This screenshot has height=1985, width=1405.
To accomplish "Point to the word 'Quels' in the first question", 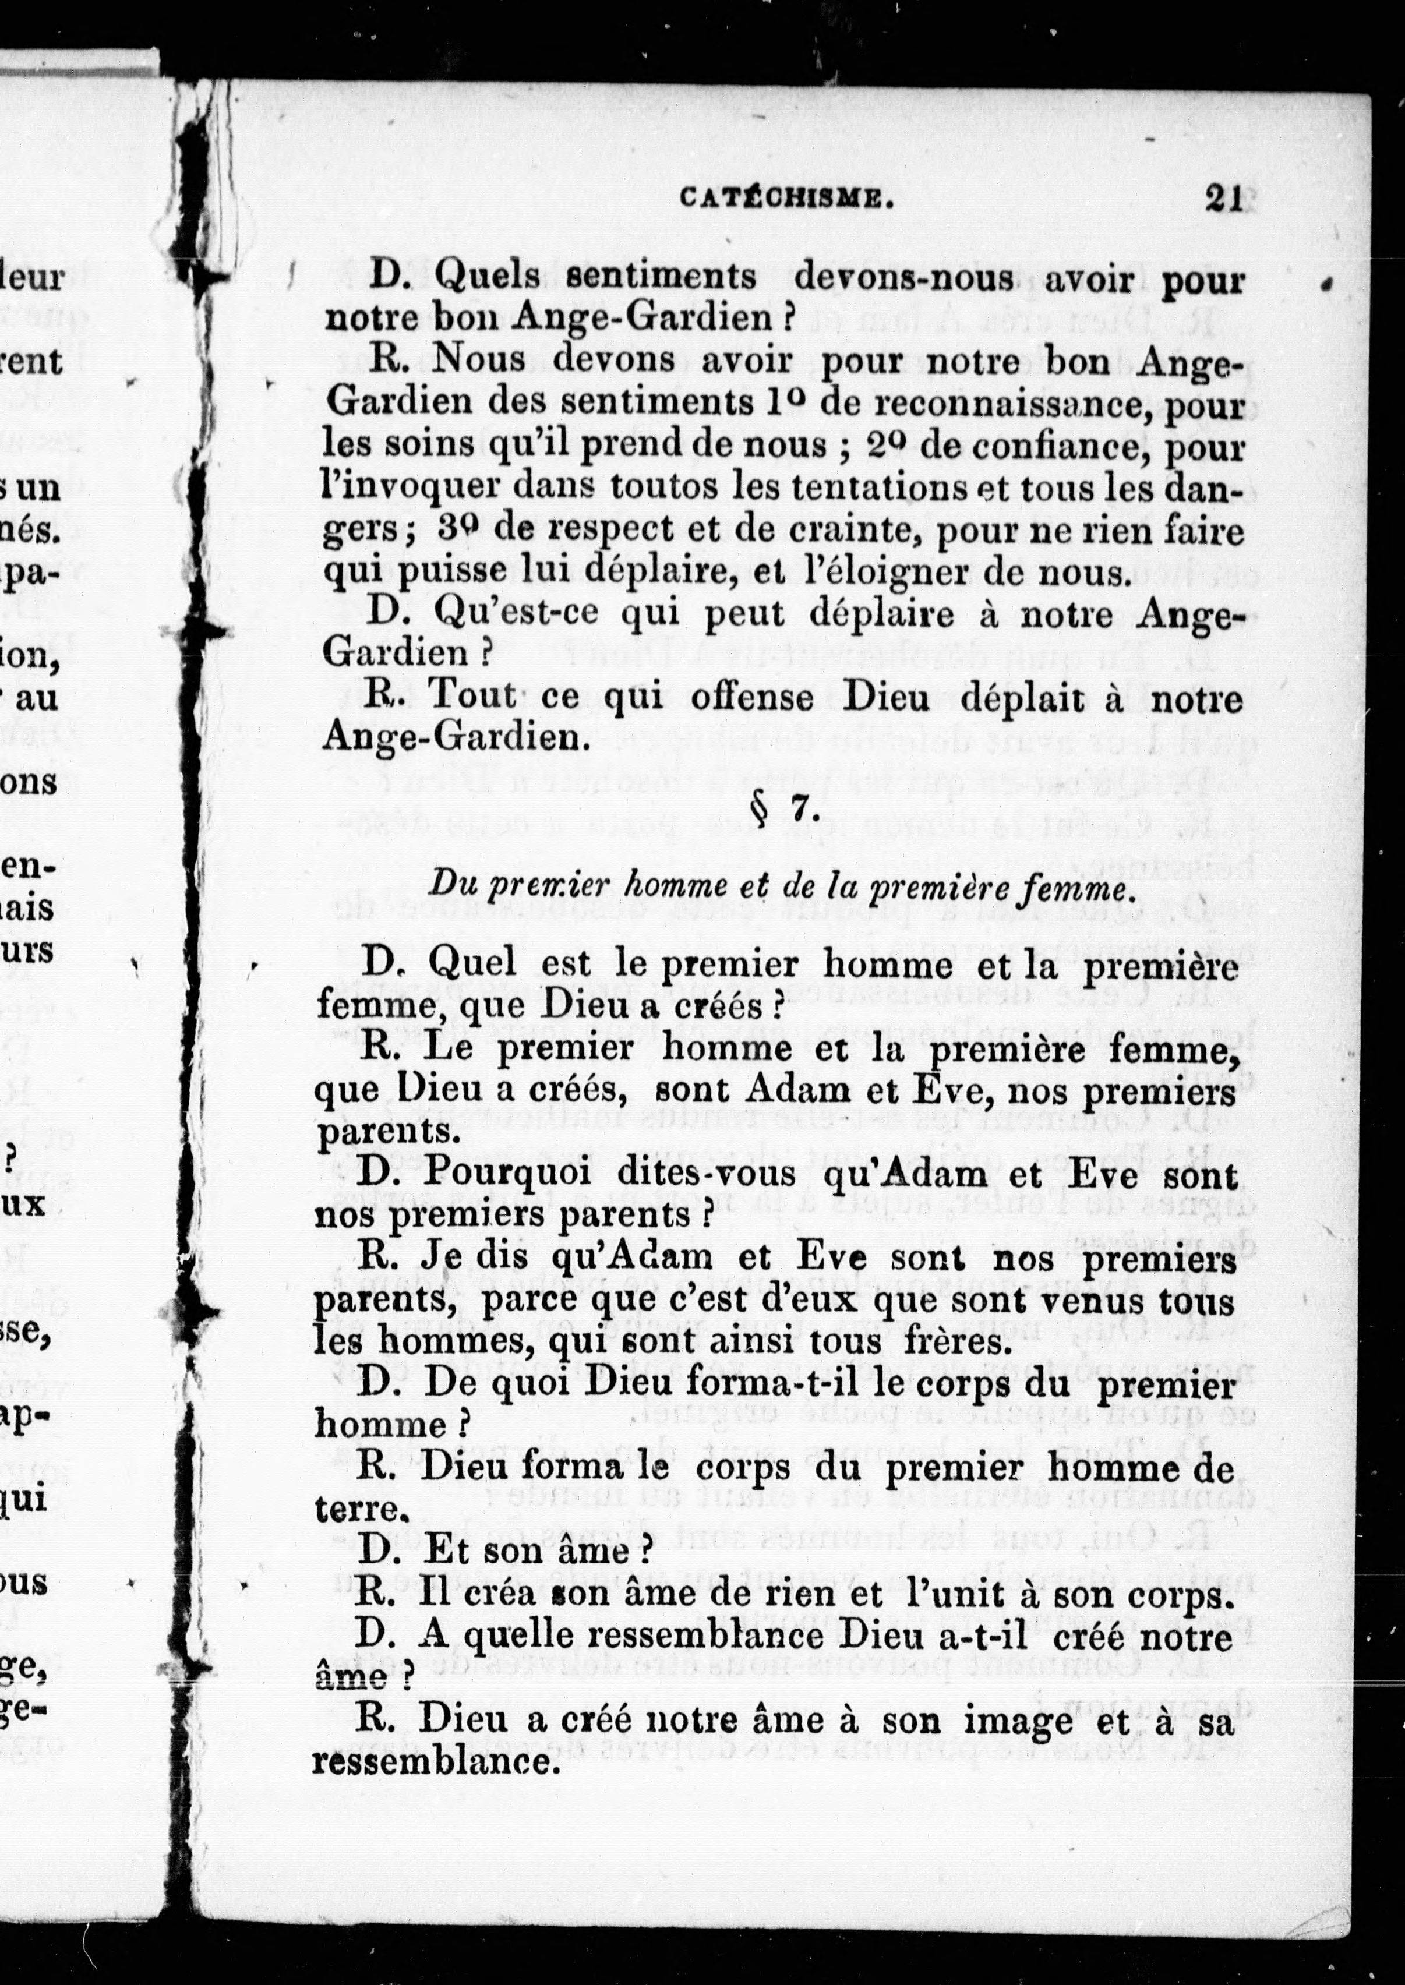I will tap(487, 278).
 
